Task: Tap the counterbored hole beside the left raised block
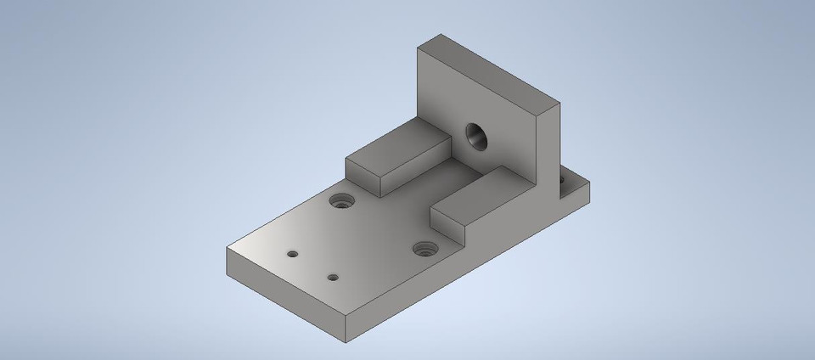point(343,202)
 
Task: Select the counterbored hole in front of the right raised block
point(424,249)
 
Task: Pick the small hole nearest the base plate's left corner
point(293,254)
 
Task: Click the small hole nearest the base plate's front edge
point(334,277)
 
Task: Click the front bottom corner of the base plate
point(347,342)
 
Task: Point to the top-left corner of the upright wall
point(417,48)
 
